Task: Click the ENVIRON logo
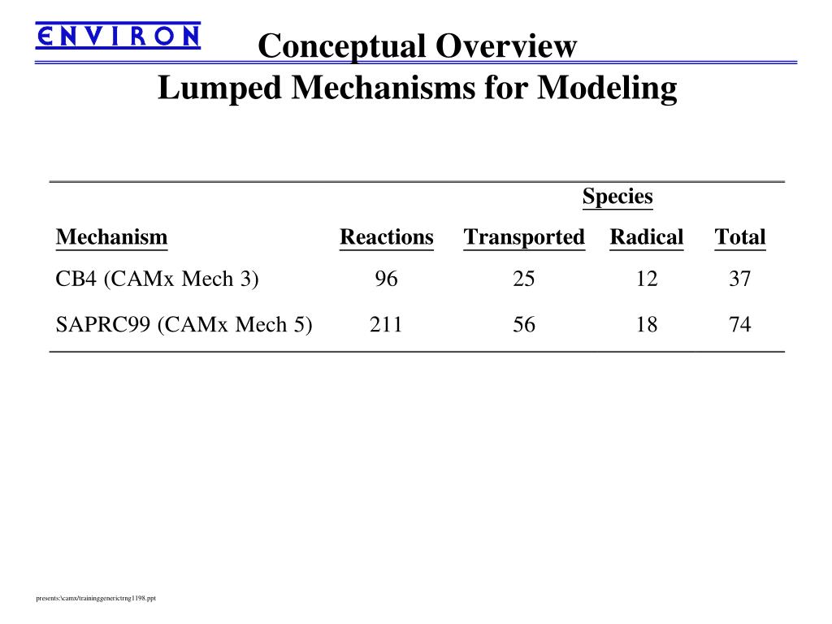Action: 118,36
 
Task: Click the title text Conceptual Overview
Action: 417,46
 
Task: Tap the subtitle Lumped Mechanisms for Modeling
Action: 417,88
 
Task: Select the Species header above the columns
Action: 617,197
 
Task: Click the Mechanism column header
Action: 111,237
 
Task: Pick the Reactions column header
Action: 387,237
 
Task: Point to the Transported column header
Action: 524,237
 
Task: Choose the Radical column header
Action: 647,237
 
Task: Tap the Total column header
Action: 740,237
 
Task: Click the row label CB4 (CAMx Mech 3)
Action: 157,279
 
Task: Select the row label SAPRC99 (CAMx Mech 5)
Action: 184,325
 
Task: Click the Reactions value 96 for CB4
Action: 387,279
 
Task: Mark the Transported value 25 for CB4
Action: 524,279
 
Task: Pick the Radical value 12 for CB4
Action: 647,279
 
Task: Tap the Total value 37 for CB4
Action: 740,279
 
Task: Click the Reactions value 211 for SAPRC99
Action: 387,325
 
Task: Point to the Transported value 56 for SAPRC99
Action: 524,325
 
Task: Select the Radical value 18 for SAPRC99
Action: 647,325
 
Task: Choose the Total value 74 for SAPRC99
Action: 740,325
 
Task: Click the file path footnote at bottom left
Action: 96,599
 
